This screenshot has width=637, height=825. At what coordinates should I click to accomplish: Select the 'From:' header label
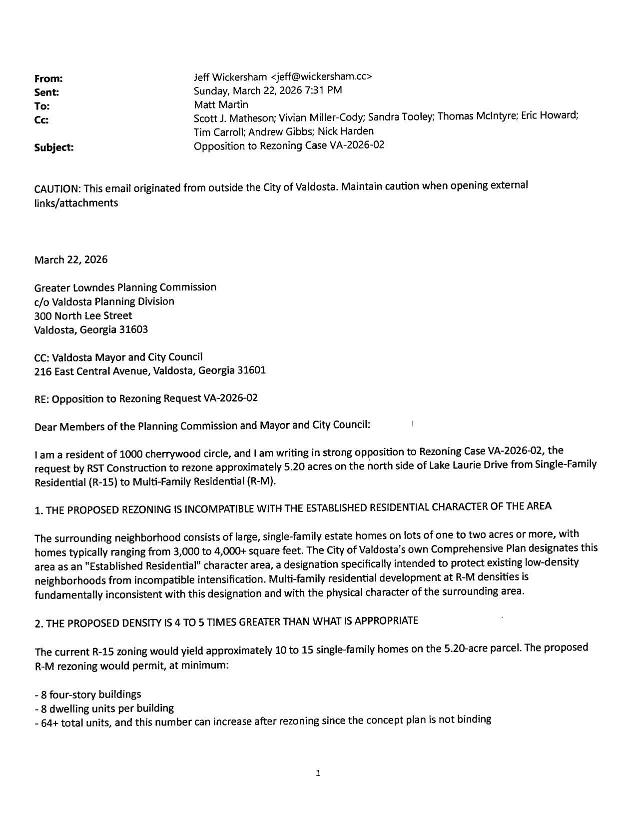pos(48,78)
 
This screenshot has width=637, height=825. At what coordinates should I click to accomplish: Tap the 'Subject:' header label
pos(54,147)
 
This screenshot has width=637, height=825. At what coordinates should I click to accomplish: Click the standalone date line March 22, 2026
pos(70,259)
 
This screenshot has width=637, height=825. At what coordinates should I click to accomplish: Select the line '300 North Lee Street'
pos(83,316)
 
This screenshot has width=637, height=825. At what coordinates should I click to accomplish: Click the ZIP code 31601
pos(251,370)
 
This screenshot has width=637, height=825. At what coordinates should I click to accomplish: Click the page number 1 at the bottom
pos(318,773)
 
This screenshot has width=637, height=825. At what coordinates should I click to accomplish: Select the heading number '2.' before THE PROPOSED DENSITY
pos(38,624)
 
